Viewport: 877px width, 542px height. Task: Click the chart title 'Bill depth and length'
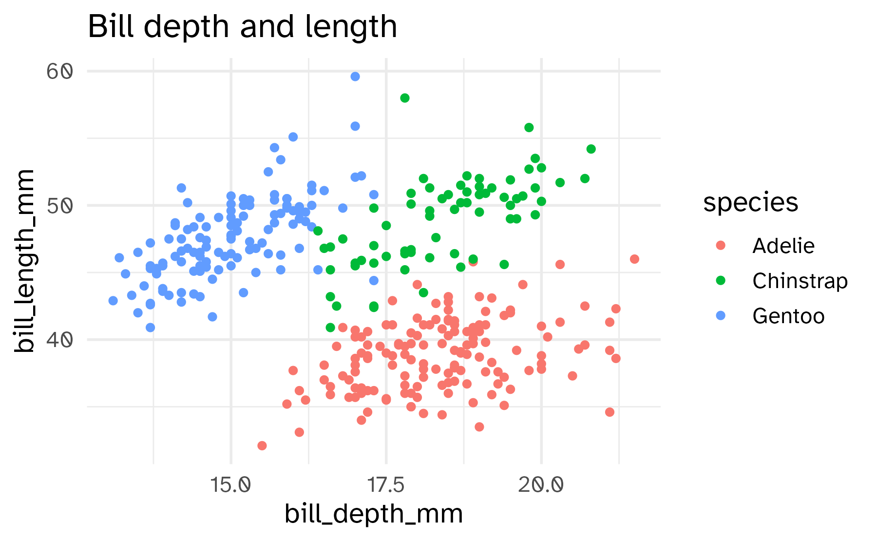point(242,27)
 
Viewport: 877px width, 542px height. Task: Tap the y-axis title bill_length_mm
point(24,261)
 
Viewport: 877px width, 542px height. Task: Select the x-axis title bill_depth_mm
point(373,514)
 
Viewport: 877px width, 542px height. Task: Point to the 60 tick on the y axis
point(60,72)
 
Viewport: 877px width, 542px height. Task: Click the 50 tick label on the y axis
point(60,206)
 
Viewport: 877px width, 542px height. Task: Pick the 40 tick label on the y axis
point(60,340)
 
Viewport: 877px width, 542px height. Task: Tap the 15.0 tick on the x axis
point(231,485)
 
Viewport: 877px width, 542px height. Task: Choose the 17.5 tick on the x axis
point(386,485)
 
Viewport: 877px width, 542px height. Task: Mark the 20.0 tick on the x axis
point(541,485)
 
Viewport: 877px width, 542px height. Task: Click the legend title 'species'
point(750,202)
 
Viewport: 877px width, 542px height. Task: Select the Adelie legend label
point(783,246)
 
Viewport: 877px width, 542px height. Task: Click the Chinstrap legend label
point(800,281)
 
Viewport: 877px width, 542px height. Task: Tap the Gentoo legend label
point(788,316)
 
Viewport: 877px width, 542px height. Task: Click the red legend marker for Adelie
point(721,246)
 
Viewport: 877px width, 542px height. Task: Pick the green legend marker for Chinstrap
point(721,281)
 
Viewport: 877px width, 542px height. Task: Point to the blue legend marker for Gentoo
point(721,316)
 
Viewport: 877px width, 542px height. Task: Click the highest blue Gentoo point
point(355,77)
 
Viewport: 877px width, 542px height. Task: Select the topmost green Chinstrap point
point(405,98)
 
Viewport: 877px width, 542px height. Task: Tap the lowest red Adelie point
point(262,445)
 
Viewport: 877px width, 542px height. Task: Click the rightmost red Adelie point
point(634,259)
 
